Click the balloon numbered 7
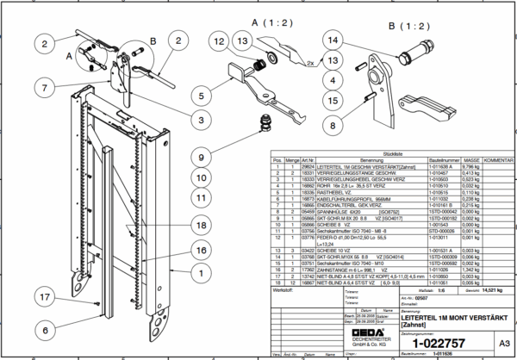(40, 87)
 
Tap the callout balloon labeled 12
(218, 42)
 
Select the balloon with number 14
(332, 39)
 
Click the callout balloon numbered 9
(201, 157)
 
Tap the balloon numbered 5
(201, 96)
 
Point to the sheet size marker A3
(492, 342)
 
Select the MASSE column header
(470, 161)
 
